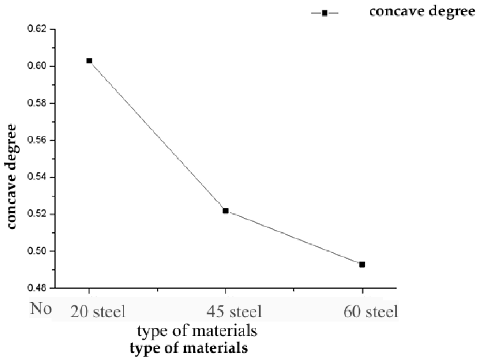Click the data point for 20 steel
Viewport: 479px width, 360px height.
(89, 61)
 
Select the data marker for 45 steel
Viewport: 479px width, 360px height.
(225, 211)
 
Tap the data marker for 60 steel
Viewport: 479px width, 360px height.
(362, 265)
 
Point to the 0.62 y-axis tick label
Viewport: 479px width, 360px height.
(37, 29)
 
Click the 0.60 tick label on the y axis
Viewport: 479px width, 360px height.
(37, 66)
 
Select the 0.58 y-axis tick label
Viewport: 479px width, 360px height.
(37, 103)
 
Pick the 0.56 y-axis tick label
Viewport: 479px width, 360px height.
(37, 140)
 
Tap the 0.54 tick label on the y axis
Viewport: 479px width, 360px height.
(37, 177)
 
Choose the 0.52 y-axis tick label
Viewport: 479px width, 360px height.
(37, 214)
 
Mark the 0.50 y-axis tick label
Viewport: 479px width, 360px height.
(37, 251)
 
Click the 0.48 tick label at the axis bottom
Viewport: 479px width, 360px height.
(37, 288)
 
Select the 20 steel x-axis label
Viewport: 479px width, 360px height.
(98, 312)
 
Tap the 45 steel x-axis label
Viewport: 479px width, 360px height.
(234, 312)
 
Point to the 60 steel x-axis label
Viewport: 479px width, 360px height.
(371, 312)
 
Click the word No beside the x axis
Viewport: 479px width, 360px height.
(41, 308)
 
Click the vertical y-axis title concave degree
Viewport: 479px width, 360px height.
(12, 177)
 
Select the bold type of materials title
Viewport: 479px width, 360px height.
(189, 348)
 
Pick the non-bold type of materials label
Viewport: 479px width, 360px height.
(197, 332)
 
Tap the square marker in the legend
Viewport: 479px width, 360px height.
(325, 13)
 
